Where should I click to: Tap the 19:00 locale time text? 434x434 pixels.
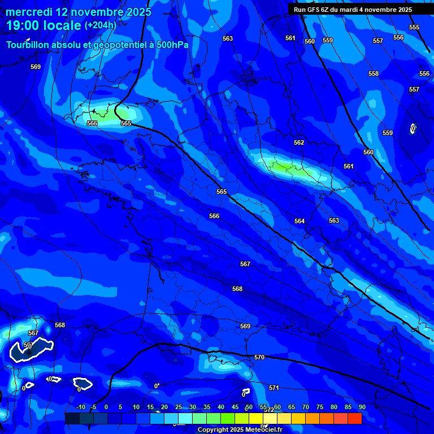click(x=44, y=25)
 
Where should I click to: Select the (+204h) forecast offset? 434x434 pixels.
click(x=100, y=25)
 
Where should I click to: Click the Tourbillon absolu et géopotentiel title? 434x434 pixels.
click(x=97, y=45)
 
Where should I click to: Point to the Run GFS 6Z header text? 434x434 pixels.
click(x=353, y=10)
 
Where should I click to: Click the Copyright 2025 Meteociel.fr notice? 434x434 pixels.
click(x=240, y=429)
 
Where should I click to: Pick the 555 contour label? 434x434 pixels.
click(x=414, y=27)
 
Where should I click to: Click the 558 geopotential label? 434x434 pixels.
click(x=374, y=73)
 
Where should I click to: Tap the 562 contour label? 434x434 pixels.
click(x=299, y=142)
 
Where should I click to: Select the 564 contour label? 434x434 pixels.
click(x=300, y=221)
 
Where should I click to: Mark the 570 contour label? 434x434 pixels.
click(x=259, y=357)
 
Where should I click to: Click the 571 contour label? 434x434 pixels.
click(x=274, y=388)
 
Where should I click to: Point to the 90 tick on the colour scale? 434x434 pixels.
click(x=362, y=407)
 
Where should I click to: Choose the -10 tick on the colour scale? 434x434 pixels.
click(x=80, y=407)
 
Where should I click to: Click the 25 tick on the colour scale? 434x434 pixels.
click(x=178, y=407)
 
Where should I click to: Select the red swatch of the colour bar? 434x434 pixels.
click(x=354, y=418)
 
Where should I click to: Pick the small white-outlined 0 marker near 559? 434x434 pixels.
click(x=413, y=129)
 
